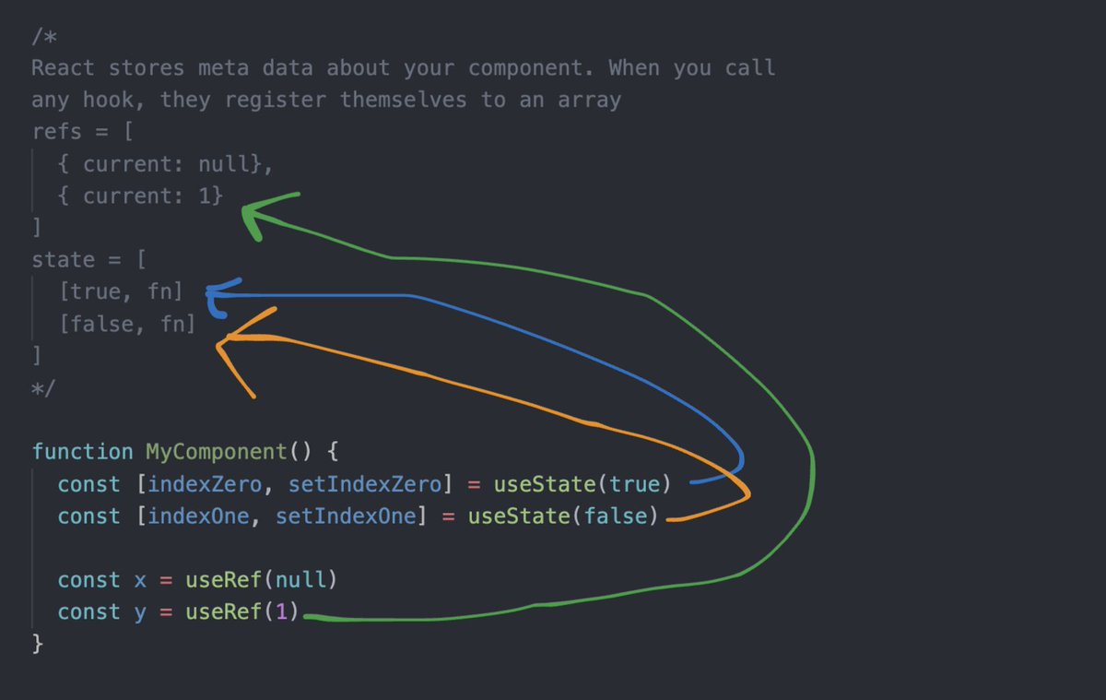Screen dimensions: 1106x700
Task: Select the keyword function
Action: tap(82, 452)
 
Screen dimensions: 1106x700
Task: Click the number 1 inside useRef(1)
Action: tap(282, 612)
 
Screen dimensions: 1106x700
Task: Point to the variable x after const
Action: tap(140, 580)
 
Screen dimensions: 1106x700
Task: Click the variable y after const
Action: tap(140, 612)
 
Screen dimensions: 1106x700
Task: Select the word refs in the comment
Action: tap(56, 132)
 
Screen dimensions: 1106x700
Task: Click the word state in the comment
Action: tap(63, 260)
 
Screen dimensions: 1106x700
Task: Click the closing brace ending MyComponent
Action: tap(38, 644)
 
